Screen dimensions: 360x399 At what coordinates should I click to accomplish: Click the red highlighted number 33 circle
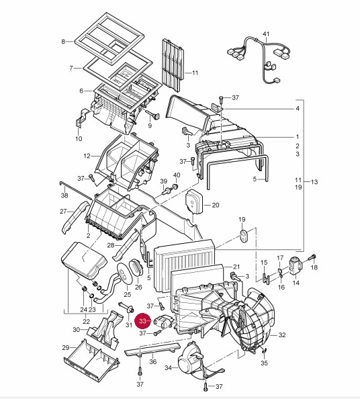(x=143, y=321)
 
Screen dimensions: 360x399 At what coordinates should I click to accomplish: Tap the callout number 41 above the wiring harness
(x=266, y=34)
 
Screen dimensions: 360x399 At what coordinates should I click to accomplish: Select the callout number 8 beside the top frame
(x=63, y=42)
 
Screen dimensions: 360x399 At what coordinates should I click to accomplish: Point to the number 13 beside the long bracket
(x=314, y=182)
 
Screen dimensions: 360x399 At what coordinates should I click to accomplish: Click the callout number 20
(x=216, y=205)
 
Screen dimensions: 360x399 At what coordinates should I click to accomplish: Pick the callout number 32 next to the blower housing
(x=282, y=335)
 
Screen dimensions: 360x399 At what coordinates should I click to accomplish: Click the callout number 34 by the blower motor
(x=168, y=367)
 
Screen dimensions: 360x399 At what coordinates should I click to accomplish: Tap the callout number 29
(x=66, y=347)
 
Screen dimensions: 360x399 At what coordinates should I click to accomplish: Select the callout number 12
(x=87, y=156)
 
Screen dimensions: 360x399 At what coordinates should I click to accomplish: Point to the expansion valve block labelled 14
(x=295, y=266)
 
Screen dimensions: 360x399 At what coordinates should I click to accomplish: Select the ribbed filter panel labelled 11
(x=173, y=65)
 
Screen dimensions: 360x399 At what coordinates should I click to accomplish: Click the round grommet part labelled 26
(x=136, y=267)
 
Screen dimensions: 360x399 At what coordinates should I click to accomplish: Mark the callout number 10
(x=79, y=138)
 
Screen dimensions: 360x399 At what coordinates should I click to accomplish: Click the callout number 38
(x=64, y=195)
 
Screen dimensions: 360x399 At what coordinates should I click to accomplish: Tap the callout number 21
(x=236, y=267)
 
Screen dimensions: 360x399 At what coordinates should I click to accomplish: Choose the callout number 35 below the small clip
(x=265, y=363)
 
